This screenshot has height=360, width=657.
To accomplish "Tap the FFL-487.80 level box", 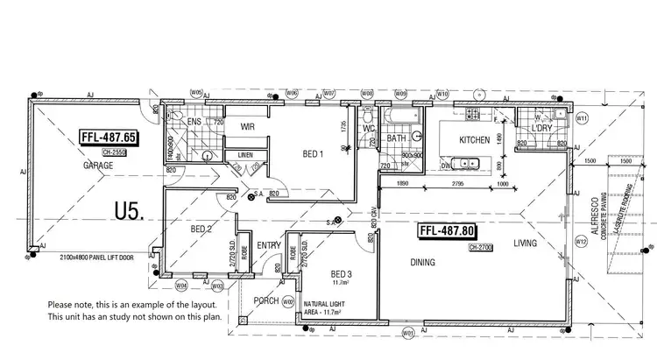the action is tap(448, 231).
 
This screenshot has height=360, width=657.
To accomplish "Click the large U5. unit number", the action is tap(129, 210).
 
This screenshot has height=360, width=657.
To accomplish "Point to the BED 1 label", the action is tap(314, 155).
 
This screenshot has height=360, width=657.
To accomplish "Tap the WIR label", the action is tap(248, 126).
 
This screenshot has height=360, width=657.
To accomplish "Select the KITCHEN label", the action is tap(474, 140).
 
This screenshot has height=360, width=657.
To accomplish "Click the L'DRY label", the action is tap(541, 129).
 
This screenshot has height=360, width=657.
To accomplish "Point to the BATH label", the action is tap(396, 138).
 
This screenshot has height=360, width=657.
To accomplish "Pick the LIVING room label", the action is tap(526, 244).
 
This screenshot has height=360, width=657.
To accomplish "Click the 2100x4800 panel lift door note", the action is tap(96, 258).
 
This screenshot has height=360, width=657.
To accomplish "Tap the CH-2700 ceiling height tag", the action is tap(481, 248).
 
